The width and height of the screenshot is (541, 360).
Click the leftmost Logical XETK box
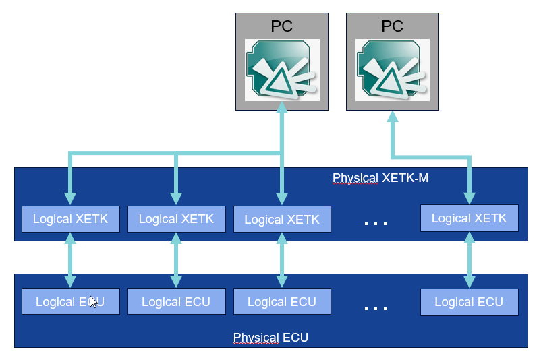click(x=70, y=219)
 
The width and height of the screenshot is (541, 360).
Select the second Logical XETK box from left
click(x=175, y=219)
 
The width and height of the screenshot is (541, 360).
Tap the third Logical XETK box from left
click(x=281, y=220)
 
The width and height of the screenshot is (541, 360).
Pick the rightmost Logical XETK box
click(x=469, y=218)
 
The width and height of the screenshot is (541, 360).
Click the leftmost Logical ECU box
click(x=70, y=301)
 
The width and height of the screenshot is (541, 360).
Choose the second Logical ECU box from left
click(x=175, y=301)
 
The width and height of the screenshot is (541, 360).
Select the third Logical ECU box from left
click(x=281, y=301)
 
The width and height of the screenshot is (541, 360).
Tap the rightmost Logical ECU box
click(x=469, y=301)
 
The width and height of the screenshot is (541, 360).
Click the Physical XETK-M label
click(x=380, y=179)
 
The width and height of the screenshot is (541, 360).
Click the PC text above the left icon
click(x=281, y=26)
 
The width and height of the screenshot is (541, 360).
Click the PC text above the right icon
click(x=392, y=26)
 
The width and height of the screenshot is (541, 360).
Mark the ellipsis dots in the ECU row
click(x=376, y=307)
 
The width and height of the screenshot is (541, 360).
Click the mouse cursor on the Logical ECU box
click(x=93, y=301)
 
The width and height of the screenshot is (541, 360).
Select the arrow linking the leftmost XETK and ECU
click(x=70, y=260)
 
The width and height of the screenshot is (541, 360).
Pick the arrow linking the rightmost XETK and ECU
click(x=469, y=260)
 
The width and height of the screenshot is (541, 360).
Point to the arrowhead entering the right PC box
click(x=392, y=117)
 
